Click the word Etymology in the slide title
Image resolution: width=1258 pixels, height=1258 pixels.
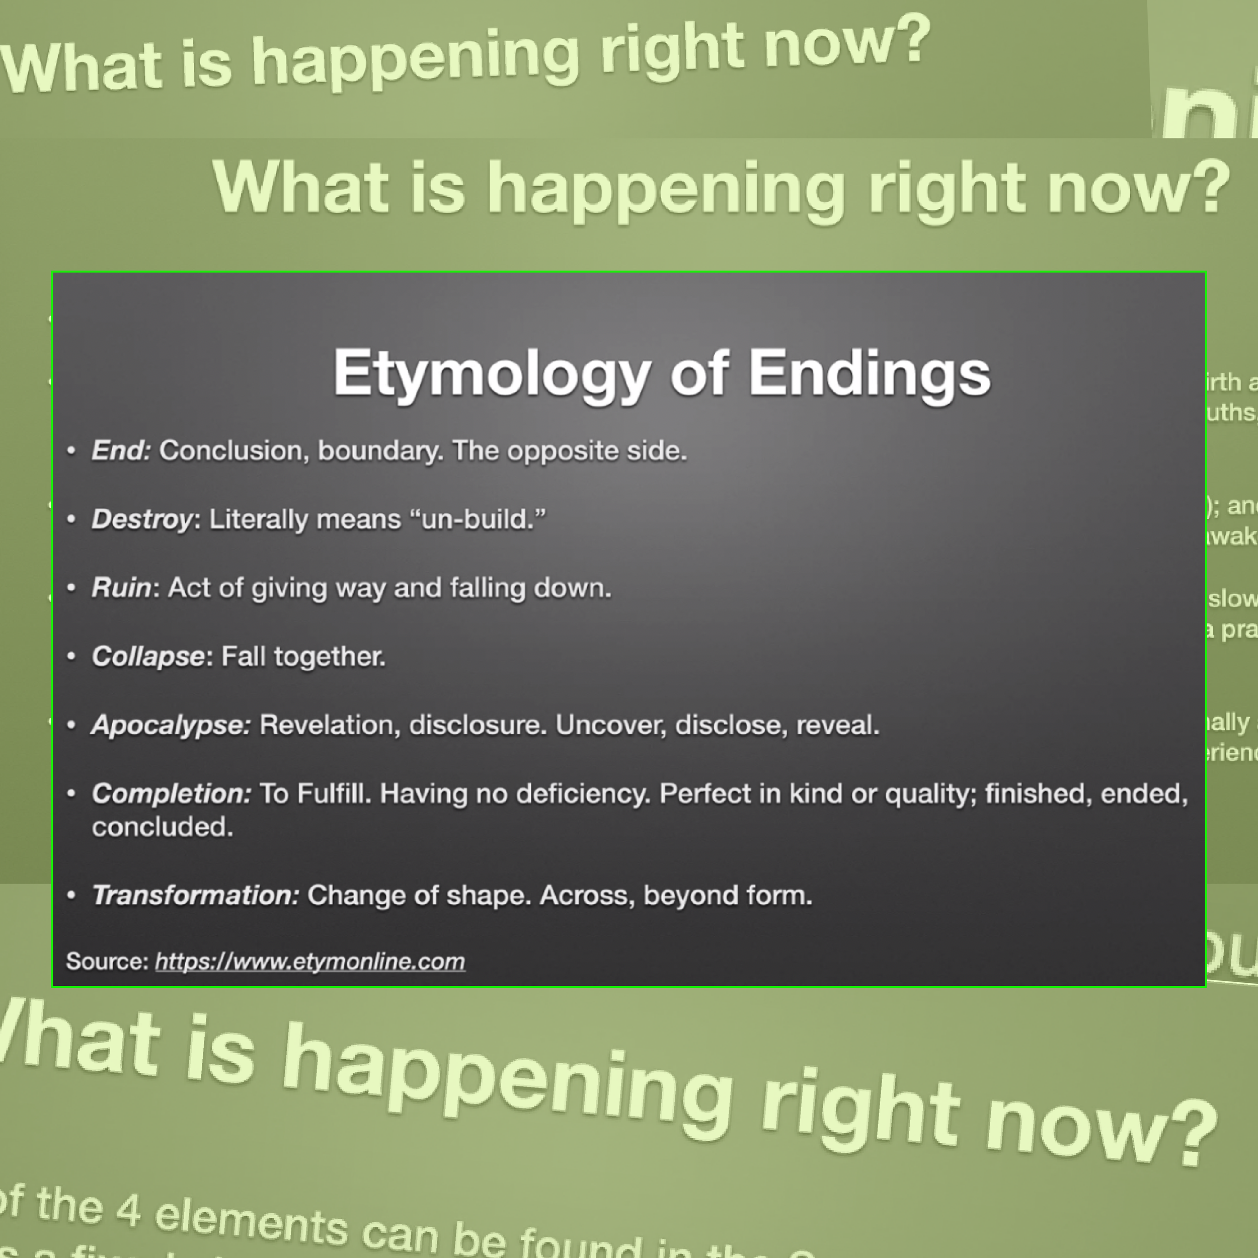pos(492,373)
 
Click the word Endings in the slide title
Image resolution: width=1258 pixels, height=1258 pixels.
pos(869,373)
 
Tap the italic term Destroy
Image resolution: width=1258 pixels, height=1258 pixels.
pos(142,519)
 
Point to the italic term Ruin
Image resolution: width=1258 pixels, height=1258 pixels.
pos(121,587)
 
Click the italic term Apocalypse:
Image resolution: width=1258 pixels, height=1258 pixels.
pos(171,725)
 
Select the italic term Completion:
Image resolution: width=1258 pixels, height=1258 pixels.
pos(171,794)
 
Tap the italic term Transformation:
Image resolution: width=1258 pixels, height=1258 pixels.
pos(195,895)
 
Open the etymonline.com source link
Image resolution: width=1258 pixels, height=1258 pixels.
pos(310,962)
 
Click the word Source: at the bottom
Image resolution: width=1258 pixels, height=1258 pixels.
pos(108,962)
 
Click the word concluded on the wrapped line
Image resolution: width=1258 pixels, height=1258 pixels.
pos(162,827)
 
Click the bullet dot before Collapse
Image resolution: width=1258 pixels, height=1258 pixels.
pos(71,656)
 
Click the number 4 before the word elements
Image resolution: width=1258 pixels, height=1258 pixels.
pos(128,1210)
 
